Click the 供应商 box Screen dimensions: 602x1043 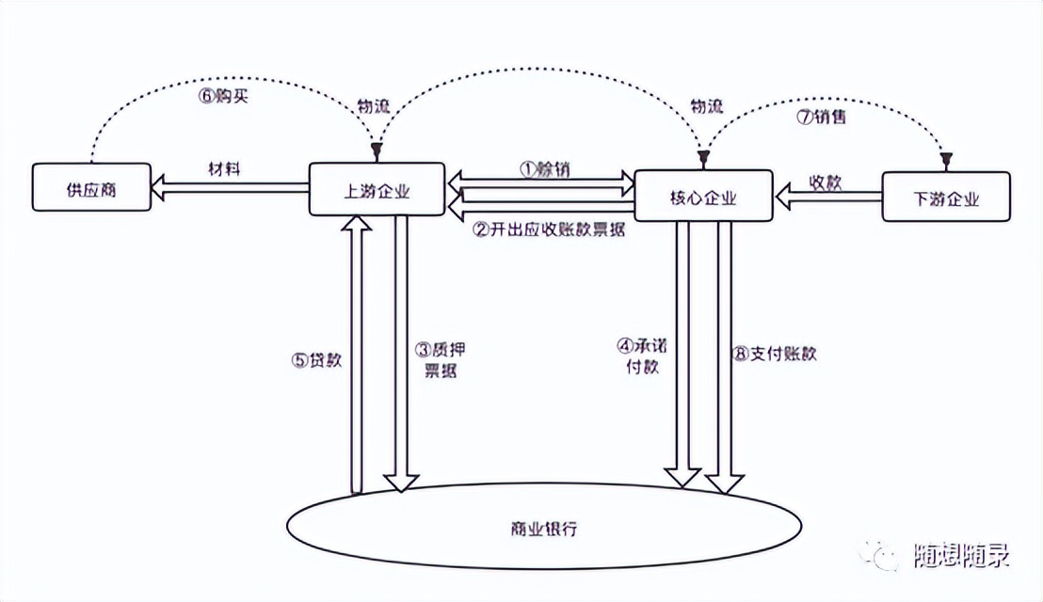click(91, 188)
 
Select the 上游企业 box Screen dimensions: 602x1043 click(377, 188)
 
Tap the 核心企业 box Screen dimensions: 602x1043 click(703, 198)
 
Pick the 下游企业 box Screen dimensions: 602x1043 click(946, 198)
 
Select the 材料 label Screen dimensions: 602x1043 click(225, 169)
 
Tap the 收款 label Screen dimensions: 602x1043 click(826, 182)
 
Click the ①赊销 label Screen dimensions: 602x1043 click(544, 168)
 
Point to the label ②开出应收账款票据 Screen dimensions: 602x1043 click(549, 230)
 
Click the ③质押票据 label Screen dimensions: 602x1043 click(441, 358)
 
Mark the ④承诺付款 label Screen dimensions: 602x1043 click(645, 356)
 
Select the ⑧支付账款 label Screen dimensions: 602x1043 click(775, 355)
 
